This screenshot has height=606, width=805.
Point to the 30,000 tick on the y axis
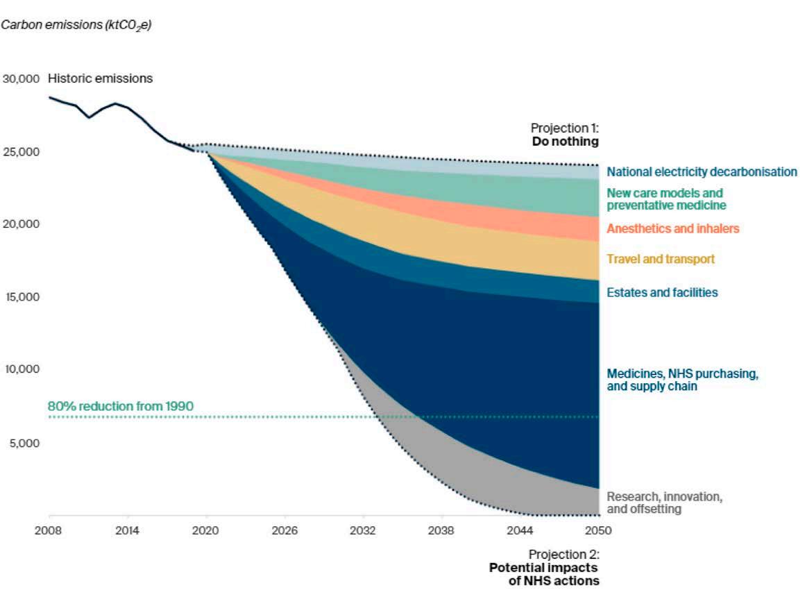pos(22,78)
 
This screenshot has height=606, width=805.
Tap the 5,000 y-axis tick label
pos(24,443)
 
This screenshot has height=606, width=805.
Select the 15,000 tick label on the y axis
pos(22,297)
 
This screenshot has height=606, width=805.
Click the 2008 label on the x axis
pos(49,531)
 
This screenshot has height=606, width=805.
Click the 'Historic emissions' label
pos(100,78)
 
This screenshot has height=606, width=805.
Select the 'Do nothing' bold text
pos(565,141)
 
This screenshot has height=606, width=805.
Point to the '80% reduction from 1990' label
pos(120,405)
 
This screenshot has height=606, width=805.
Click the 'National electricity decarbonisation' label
pos(702,171)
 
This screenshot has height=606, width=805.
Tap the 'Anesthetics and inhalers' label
pos(672,228)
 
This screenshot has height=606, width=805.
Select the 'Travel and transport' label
pos(660,259)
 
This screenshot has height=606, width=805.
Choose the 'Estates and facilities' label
pos(662,292)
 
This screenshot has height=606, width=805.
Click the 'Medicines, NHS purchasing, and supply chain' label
pos(682,380)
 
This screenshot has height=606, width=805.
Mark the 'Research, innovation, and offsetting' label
pos(664,503)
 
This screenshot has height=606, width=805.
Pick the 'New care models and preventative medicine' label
pos(666,199)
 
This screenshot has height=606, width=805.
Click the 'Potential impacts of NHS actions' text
pos(544,574)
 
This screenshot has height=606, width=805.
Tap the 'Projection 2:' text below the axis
pos(563,555)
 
